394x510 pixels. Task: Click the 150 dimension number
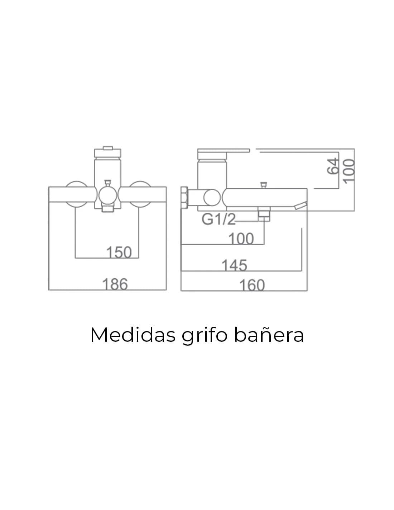point(119,252)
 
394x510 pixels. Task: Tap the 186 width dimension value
point(115,284)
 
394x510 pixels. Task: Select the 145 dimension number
point(234,265)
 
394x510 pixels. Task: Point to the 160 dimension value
point(252,285)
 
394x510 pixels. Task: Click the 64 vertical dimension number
point(333,166)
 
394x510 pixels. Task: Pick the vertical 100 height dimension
point(349,171)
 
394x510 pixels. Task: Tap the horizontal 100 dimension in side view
point(241,239)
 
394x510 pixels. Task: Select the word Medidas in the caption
point(133,335)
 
